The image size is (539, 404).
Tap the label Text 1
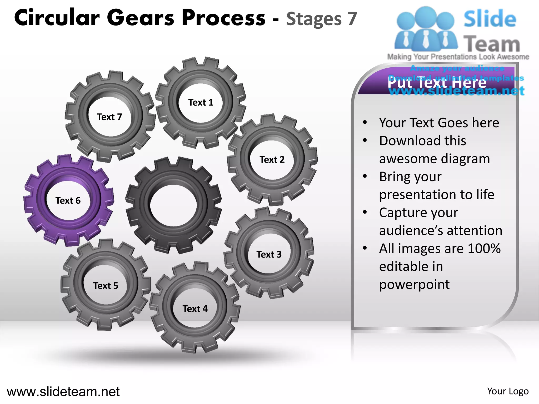pyautogui.click(x=201, y=102)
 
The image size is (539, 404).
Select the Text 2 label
pyautogui.click(x=272, y=160)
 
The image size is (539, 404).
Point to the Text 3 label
pyautogui.click(x=269, y=254)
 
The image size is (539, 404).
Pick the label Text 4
pyautogui.click(x=195, y=309)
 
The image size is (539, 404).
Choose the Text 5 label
pyautogui.click(x=106, y=286)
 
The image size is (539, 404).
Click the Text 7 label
pyautogui.click(x=109, y=117)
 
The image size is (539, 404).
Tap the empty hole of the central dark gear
pyautogui.click(x=173, y=205)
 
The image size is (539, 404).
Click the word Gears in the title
pyautogui.click(x=141, y=18)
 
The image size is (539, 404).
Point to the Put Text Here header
pyautogui.click(x=437, y=83)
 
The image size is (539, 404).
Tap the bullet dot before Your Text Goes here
pyautogui.click(x=365, y=122)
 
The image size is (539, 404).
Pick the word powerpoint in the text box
pyautogui.click(x=414, y=284)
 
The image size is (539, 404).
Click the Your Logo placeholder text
pyautogui.click(x=508, y=391)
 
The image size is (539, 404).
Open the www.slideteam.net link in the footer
pyautogui.click(x=63, y=392)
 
